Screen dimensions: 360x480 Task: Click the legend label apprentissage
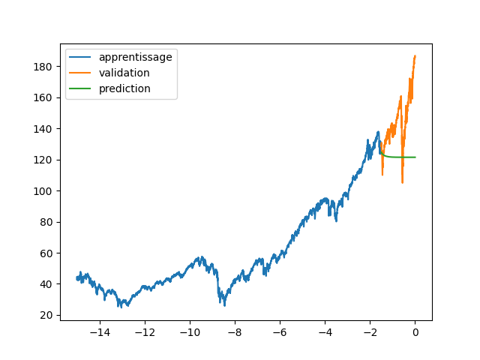[x=135, y=57]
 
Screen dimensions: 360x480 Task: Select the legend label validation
[x=124, y=73]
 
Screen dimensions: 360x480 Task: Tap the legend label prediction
[x=124, y=88]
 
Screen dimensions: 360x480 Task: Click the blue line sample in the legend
[x=81, y=58]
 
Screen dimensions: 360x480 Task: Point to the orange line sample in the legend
[x=81, y=73]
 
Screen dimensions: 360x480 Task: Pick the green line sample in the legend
[x=81, y=89]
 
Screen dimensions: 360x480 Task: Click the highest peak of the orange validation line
[x=415, y=55]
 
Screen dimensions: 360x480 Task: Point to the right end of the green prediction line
[x=415, y=157]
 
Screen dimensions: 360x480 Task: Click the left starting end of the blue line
[x=77, y=278]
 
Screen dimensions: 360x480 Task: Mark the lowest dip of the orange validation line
[x=403, y=182]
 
